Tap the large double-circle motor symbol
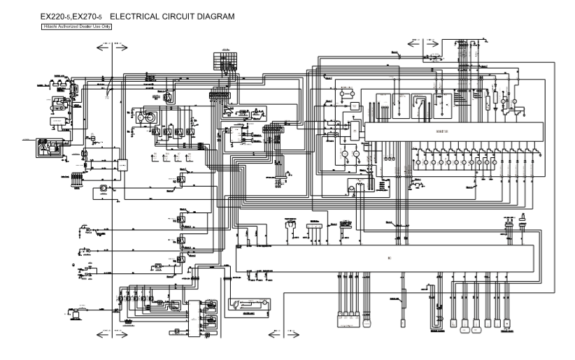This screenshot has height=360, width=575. [x=148, y=120]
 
